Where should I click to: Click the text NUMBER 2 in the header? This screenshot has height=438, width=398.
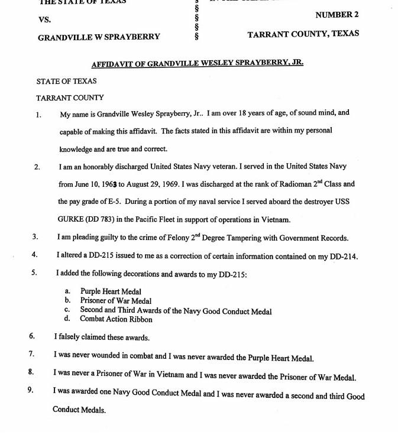[x=336, y=14]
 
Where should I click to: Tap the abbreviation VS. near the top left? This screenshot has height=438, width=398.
[x=44, y=20]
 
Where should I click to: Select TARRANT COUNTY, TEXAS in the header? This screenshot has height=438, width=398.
[x=303, y=34]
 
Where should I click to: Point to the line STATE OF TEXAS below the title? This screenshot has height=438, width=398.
[x=66, y=81]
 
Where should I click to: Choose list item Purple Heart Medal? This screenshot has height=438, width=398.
[x=111, y=292]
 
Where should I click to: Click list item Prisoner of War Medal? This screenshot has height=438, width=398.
[x=115, y=301]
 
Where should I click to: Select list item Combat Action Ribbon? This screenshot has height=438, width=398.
[x=116, y=319]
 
